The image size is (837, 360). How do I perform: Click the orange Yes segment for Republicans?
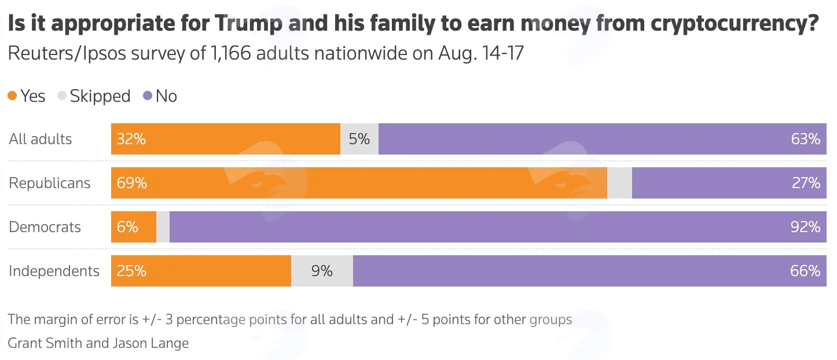(x=359, y=183)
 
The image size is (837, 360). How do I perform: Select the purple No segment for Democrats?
(x=498, y=227)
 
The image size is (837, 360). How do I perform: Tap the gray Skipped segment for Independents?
(x=322, y=271)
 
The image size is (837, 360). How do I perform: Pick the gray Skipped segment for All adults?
(x=359, y=139)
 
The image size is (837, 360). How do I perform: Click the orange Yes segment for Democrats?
(x=133, y=227)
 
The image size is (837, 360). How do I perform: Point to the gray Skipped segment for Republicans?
(x=619, y=183)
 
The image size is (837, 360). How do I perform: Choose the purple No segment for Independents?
(x=590, y=271)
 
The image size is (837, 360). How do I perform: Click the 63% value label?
(x=805, y=139)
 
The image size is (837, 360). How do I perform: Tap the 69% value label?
(x=131, y=183)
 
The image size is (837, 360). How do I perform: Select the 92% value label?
(x=805, y=227)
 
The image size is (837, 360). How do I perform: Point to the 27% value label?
(x=806, y=183)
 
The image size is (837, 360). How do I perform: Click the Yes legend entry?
(x=27, y=96)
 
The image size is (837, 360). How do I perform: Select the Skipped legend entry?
(x=94, y=96)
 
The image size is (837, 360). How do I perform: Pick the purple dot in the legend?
(x=148, y=95)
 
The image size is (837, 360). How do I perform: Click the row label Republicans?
(x=50, y=183)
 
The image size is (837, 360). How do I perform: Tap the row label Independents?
(x=54, y=271)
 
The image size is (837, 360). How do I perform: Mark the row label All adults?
(x=41, y=139)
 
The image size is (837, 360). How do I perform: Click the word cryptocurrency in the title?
(x=735, y=23)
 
